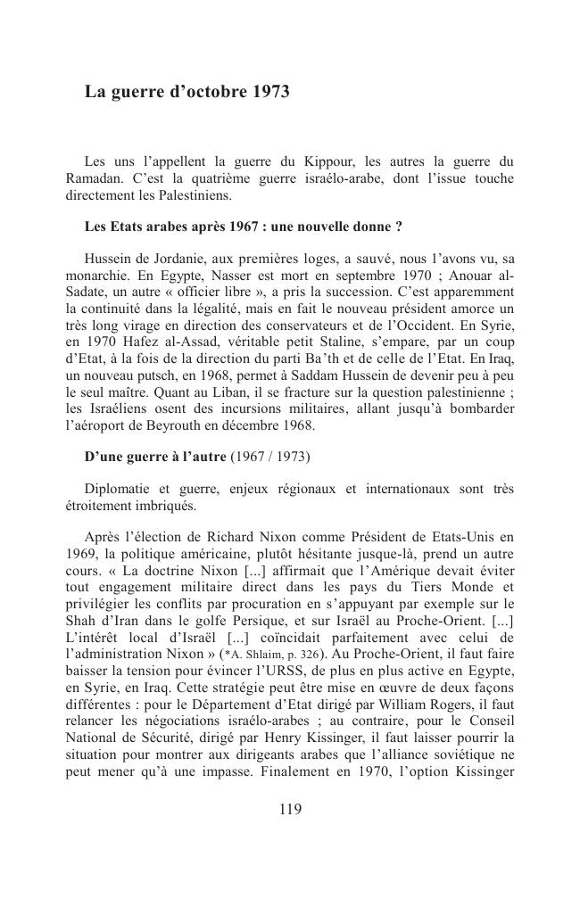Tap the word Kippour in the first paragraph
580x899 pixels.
pyautogui.click(x=333, y=161)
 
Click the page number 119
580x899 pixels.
pyautogui.click(x=290, y=810)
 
